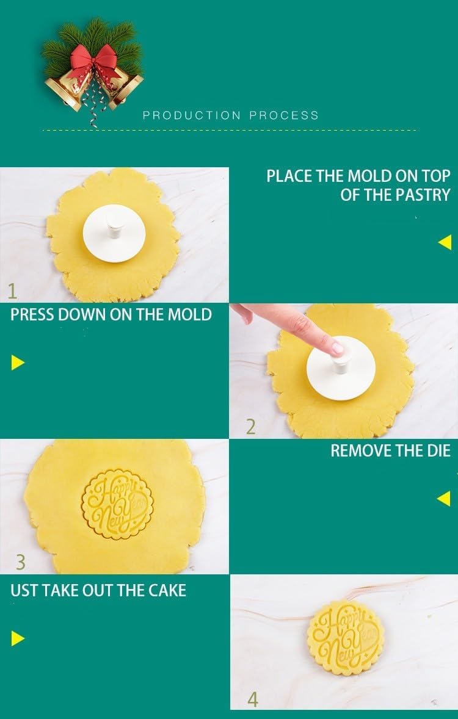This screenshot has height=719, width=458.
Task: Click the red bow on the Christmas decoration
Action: coord(95,61)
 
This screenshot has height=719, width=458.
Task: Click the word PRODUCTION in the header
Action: coord(192,115)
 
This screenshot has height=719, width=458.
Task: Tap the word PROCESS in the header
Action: coord(284,115)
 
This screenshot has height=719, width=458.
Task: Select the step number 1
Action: coord(12,291)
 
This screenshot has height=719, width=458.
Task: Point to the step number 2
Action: coord(250,427)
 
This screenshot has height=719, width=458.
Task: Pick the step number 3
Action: coord(21,562)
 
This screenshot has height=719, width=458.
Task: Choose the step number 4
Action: coord(253,699)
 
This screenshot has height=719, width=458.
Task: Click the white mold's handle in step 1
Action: coord(115,225)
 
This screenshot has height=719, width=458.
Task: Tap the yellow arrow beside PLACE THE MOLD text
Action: coord(445,242)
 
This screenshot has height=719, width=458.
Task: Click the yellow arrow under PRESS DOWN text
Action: coord(18,363)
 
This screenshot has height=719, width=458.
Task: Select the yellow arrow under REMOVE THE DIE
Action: coord(444,499)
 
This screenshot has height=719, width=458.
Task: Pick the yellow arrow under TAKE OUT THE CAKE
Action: coord(18,638)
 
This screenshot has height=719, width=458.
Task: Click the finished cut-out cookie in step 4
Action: coord(346,638)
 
